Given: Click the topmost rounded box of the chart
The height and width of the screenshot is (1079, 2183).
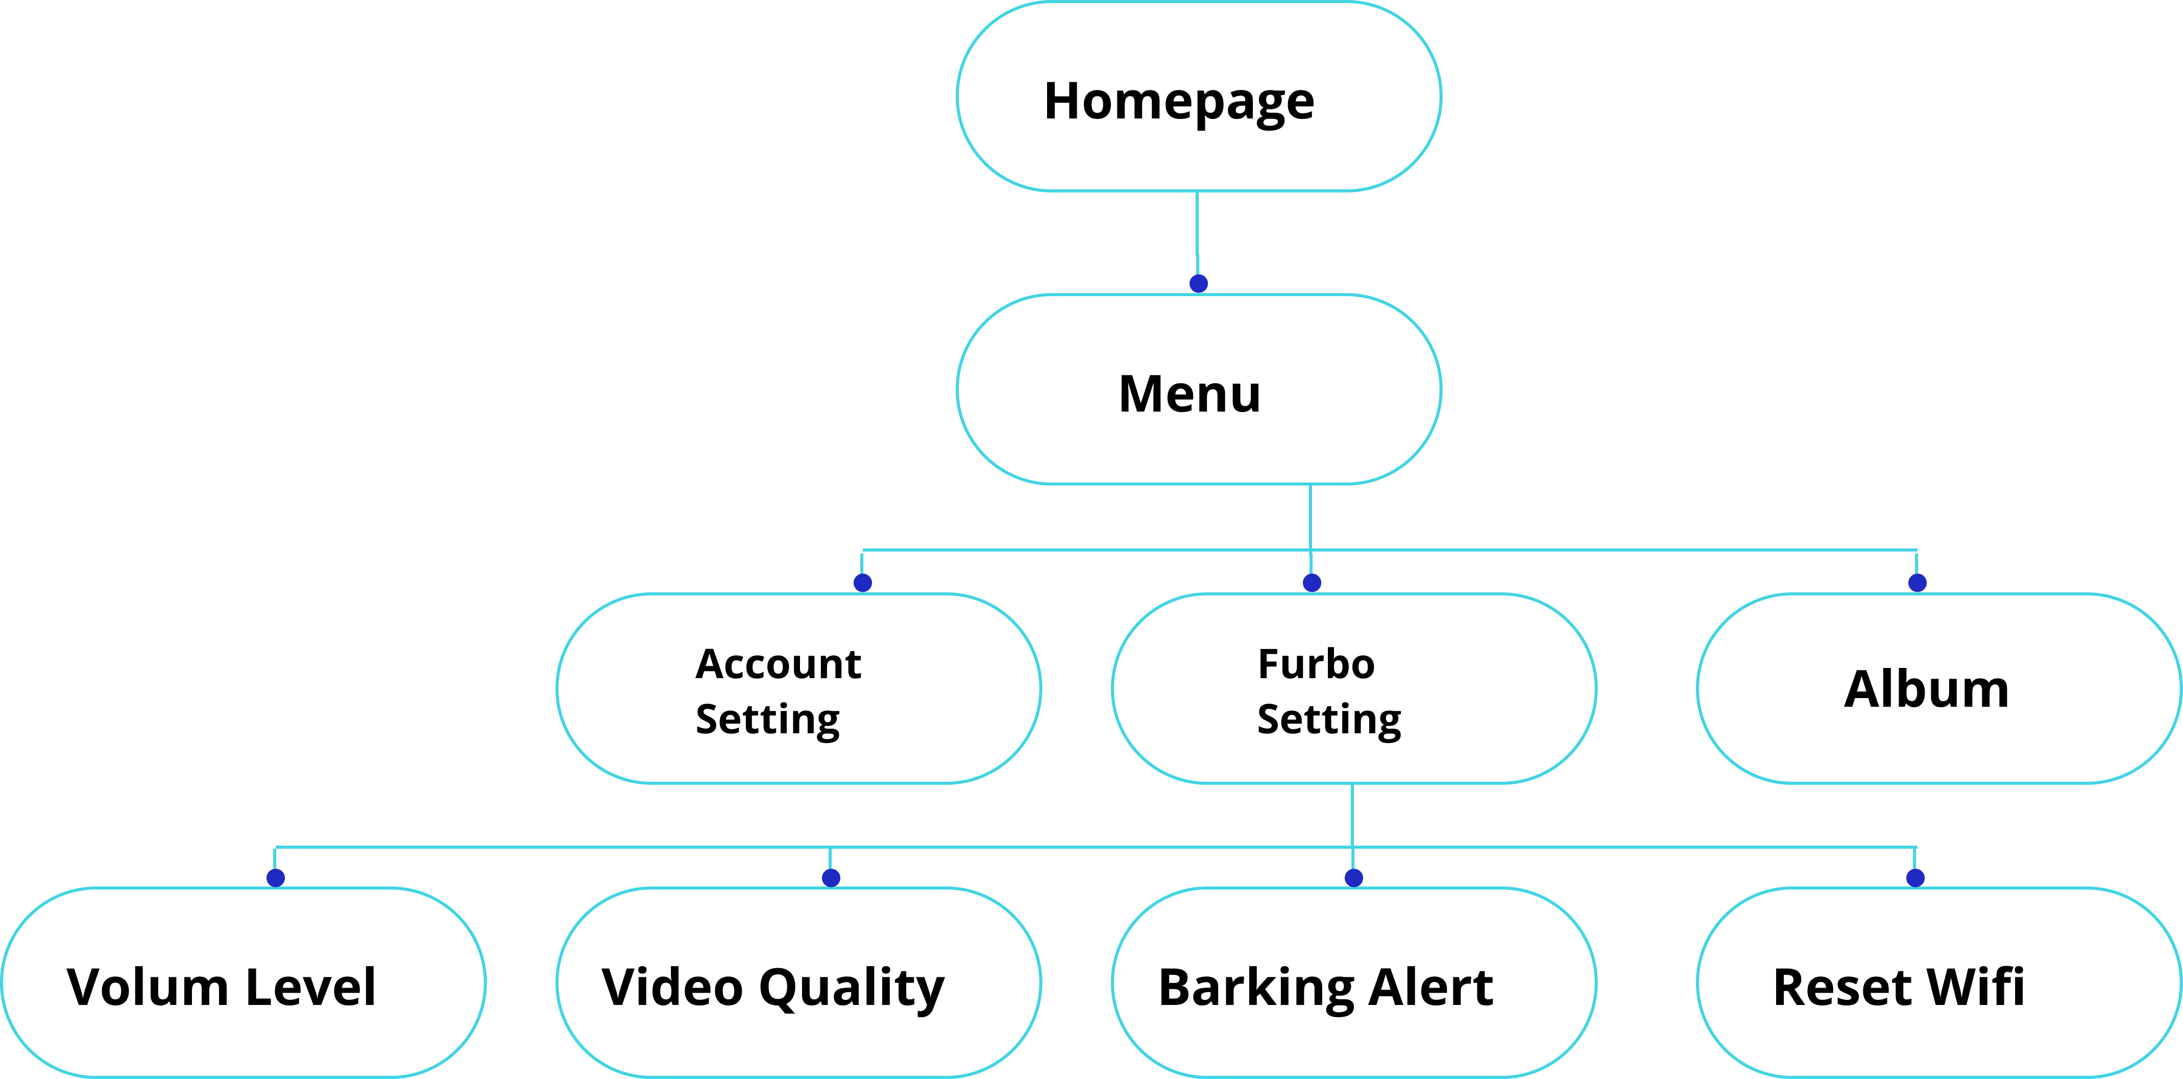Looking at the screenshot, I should [1198, 96].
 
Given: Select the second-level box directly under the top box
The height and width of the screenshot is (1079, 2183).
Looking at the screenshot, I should [1198, 389].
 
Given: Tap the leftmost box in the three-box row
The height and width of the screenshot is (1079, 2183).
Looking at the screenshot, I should [798, 688].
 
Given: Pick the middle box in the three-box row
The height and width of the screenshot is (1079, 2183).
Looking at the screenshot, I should [1353, 688].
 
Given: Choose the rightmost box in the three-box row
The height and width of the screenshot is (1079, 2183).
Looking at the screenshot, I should [1938, 688].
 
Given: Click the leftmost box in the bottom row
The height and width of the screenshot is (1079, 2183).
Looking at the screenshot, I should [243, 982].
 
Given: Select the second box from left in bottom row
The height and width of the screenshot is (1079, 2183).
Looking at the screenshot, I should [798, 982].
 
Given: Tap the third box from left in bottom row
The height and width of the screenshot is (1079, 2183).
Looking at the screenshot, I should [1353, 982].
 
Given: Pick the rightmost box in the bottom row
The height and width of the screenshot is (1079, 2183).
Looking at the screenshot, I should [1938, 982].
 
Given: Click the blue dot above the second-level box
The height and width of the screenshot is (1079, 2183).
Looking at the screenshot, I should [1198, 283].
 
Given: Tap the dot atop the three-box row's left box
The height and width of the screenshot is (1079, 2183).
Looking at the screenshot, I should [863, 582].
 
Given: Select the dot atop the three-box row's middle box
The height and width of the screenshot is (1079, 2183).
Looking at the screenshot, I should [1312, 582].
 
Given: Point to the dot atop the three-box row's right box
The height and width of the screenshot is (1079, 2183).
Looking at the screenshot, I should [1917, 582].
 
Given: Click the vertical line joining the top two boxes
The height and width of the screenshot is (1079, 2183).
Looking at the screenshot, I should [1197, 225].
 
